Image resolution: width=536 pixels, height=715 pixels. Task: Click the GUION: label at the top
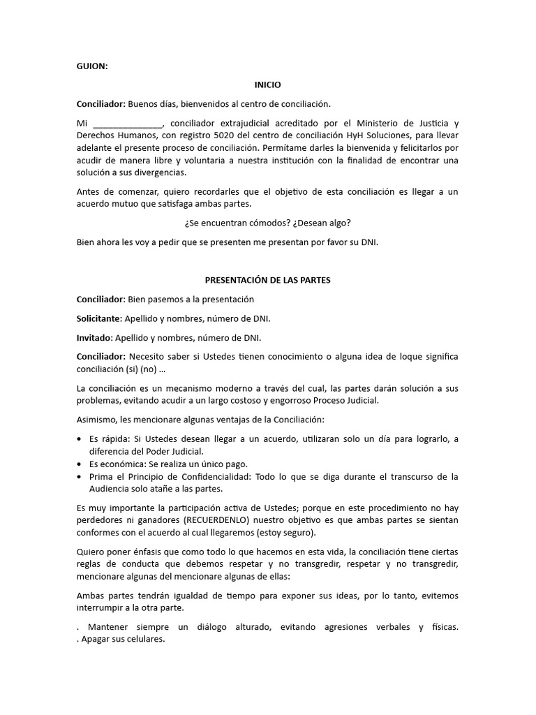tap(93, 66)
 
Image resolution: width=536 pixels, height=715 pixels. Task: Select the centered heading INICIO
tap(268, 85)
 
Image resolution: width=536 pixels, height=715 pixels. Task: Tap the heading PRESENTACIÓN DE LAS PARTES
tap(268, 280)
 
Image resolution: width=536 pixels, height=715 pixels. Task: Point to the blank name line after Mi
tap(126, 124)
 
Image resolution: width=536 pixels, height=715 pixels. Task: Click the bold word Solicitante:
tap(99, 319)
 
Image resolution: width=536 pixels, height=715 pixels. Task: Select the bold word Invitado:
tap(95, 338)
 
